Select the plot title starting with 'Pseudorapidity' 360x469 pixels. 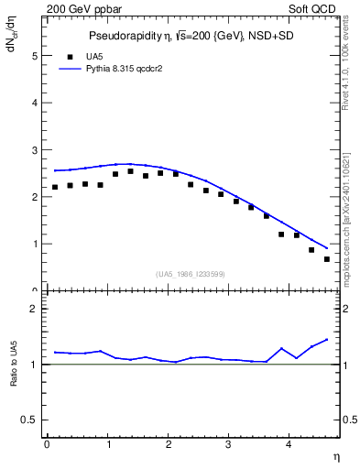tap(191, 36)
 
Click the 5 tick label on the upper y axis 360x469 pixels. tap(35, 55)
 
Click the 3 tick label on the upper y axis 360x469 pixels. tap(35, 149)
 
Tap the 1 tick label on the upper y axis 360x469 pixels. tap(35, 244)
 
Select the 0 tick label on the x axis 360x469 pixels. tap(47, 444)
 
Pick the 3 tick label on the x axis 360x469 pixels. tap(229, 444)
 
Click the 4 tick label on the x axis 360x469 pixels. tap(289, 444)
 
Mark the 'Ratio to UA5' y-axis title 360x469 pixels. tap(14, 365)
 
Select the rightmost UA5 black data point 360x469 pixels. tap(327, 259)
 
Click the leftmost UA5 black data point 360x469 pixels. tap(55, 187)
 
